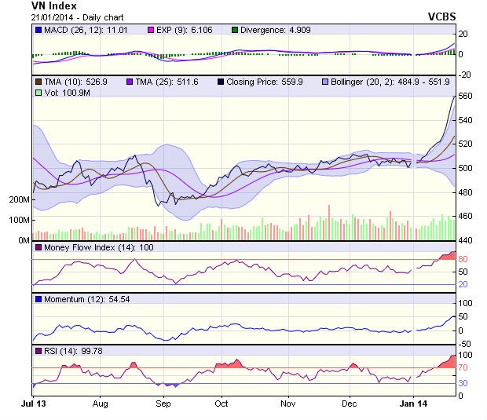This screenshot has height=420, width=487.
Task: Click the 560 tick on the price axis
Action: (465, 96)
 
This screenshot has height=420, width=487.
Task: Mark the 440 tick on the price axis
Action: (465, 240)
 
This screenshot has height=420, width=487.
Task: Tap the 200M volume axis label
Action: (19, 199)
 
